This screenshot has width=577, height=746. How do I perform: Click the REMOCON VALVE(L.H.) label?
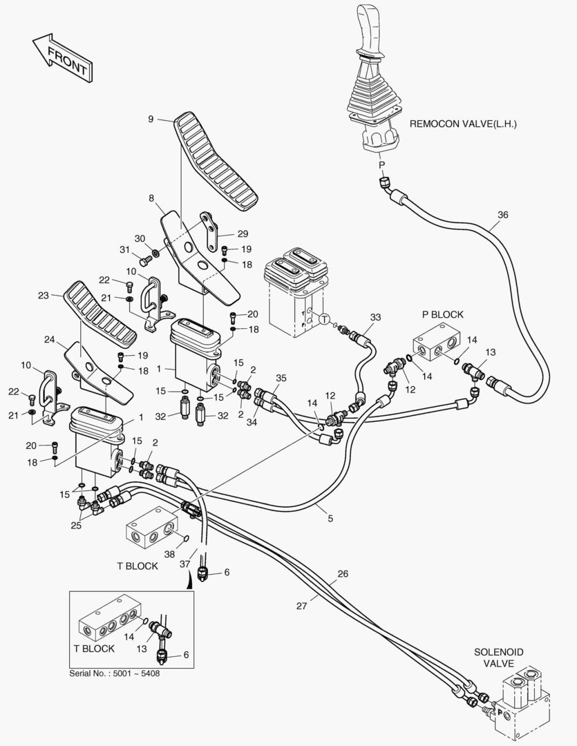point(463,124)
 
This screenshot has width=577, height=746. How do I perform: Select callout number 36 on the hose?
point(502,215)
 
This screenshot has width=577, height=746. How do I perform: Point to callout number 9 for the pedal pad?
point(151,119)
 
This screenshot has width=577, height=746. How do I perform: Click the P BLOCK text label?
point(442,314)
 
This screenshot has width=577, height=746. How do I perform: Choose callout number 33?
point(375,317)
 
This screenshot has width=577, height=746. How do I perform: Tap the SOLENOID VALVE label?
point(498,657)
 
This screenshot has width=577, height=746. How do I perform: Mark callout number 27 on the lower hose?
point(301,606)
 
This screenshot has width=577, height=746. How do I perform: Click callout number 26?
point(343,573)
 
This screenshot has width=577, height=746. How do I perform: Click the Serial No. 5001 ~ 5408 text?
point(115,673)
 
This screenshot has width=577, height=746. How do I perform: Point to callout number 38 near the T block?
point(169,554)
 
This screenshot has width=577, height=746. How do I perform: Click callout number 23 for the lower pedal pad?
point(43,295)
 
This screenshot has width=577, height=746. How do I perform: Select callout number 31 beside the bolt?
point(125,250)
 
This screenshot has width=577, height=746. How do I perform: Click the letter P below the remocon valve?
point(380,165)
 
